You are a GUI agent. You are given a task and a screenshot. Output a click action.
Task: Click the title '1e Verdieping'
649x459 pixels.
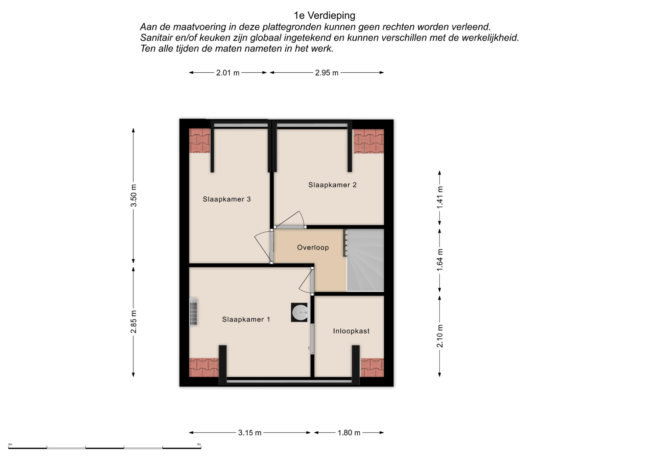click(324, 16)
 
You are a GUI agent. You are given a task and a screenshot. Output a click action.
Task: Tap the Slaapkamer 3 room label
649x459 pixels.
click(227, 199)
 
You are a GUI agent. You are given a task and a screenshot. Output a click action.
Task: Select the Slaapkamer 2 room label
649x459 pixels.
click(333, 185)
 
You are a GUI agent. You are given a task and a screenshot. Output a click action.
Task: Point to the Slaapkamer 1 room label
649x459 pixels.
click(246, 319)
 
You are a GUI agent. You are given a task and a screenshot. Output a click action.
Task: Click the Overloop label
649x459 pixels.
click(313, 247)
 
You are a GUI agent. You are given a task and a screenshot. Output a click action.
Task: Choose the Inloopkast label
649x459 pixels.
click(351, 331)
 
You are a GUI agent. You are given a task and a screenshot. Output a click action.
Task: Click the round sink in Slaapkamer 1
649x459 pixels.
click(300, 312)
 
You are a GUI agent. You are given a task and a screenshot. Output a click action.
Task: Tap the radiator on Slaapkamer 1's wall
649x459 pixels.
click(193, 311)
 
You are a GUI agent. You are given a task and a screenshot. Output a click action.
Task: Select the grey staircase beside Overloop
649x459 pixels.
click(365, 260)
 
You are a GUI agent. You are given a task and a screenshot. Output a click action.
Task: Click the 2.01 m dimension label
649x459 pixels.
click(228, 73)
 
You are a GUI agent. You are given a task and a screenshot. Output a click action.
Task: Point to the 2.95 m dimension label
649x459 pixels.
click(327, 73)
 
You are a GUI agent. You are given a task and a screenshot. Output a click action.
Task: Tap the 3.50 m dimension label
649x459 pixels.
click(134, 195)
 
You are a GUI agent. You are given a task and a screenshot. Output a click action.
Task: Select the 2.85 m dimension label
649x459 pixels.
click(134, 321)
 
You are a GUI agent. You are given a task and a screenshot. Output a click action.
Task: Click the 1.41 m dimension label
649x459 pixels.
click(440, 197)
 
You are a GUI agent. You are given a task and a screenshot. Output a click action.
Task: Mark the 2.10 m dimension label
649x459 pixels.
click(440, 336)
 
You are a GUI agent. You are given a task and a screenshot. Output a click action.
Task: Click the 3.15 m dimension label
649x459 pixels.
click(250, 433)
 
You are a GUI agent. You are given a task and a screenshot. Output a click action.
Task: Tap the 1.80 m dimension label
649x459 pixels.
click(349, 433)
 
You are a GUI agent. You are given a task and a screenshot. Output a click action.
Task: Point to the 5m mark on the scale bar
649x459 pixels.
click(199, 444)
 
